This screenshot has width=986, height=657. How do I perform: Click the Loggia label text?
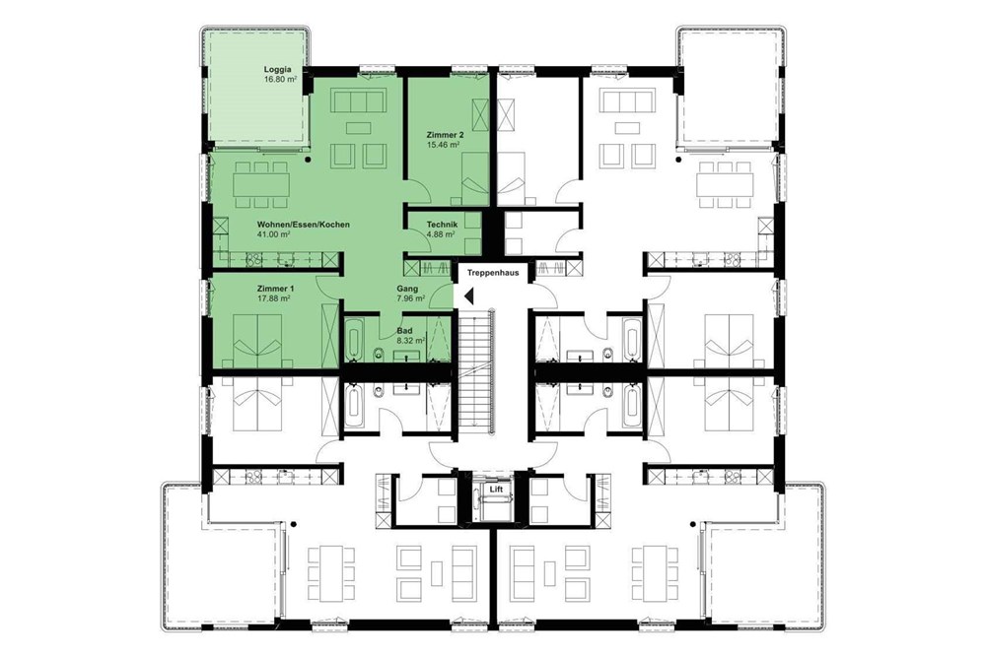277,69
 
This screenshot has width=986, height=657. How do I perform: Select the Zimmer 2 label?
445,134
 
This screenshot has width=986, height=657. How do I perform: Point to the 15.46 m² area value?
445,144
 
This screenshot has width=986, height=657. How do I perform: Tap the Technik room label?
441,225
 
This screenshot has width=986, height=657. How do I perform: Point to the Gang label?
407,289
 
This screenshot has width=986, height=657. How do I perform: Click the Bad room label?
404,330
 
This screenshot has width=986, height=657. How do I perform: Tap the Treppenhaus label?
493,269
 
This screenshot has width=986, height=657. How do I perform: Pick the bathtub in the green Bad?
355,339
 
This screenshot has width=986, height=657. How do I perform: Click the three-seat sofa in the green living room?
356,102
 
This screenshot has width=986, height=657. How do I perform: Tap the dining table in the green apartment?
261,183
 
